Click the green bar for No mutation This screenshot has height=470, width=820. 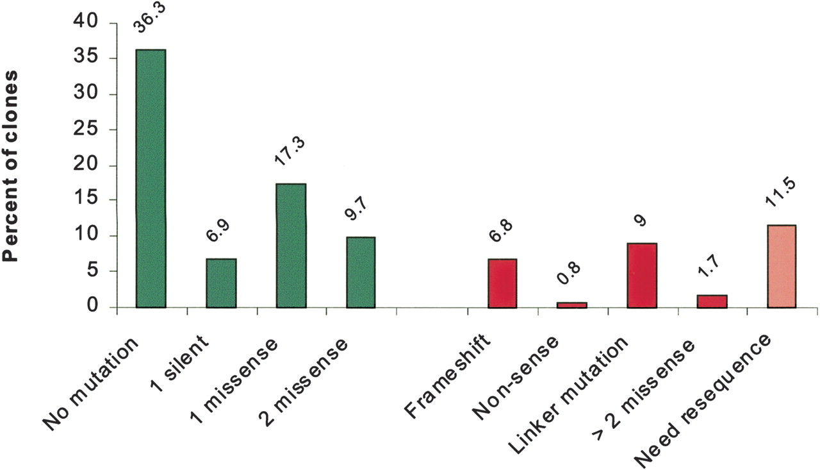click(151, 178)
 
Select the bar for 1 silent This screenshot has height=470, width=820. click(221, 283)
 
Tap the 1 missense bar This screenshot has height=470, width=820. click(291, 246)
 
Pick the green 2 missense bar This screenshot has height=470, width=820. click(361, 273)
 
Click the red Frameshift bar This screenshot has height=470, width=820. click(502, 283)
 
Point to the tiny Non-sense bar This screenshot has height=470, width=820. click(572, 305)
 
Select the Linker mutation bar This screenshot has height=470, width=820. click(642, 276)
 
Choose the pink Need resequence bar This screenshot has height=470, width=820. click(782, 266)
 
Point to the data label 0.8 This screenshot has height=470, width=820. click(568, 273)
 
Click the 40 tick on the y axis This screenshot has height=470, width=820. click(86, 22)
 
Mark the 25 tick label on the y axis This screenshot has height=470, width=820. click(86, 130)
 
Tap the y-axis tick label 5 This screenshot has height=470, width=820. click(92, 271)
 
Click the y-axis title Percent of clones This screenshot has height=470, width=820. click(10, 166)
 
